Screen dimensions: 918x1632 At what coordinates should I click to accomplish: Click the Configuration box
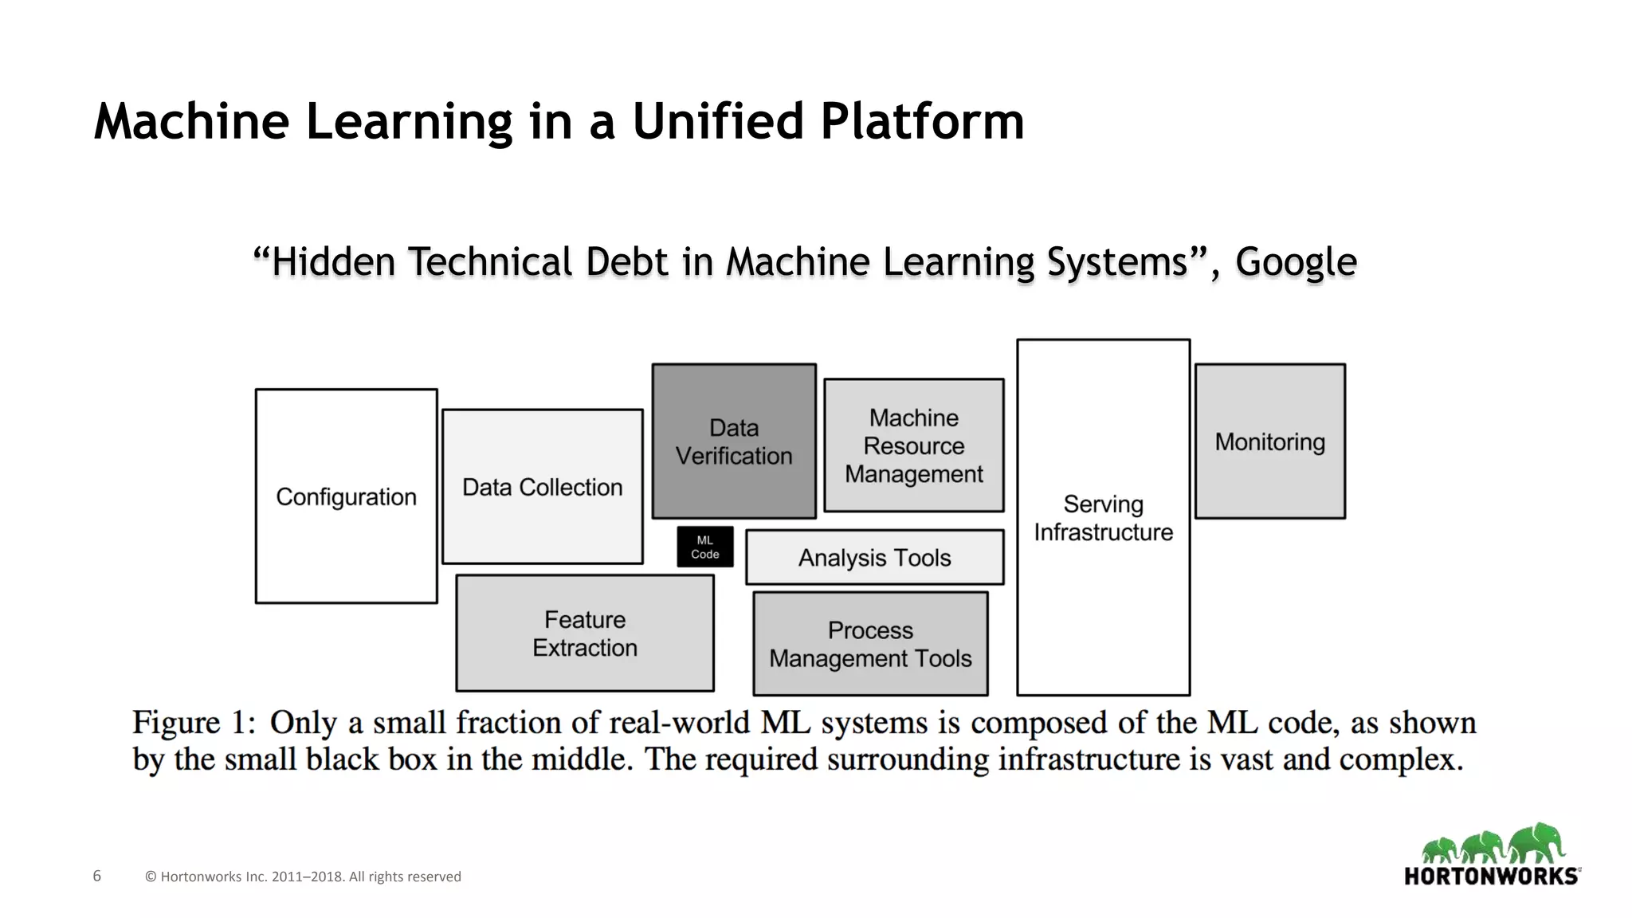pos(346,496)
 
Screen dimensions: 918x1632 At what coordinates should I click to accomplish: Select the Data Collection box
pos(542,487)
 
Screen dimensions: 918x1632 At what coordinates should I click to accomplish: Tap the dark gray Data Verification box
pos(734,441)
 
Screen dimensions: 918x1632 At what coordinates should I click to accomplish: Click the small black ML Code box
pos(705,547)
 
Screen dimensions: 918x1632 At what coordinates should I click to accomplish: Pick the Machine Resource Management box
pos(913,445)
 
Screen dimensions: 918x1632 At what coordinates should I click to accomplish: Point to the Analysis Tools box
pos(874,558)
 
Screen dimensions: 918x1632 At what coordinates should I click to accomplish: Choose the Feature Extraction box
pos(585,634)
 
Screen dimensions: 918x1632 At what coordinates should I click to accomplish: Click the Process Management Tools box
pos(870,644)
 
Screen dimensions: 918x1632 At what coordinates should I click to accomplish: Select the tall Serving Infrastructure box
pos(1103,518)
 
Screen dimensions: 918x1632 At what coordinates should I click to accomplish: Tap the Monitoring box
pos(1269,441)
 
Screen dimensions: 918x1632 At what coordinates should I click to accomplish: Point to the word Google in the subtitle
pos(1296,262)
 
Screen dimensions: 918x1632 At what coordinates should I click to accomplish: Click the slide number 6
pos(97,876)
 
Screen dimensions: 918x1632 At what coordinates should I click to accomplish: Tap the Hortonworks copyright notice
pos(303,877)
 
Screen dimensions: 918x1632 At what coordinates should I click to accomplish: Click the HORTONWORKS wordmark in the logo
pos(1490,877)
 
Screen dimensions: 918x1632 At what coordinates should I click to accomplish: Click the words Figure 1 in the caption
pos(194,723)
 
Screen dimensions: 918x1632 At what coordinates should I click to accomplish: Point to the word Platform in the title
pos(922,121)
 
